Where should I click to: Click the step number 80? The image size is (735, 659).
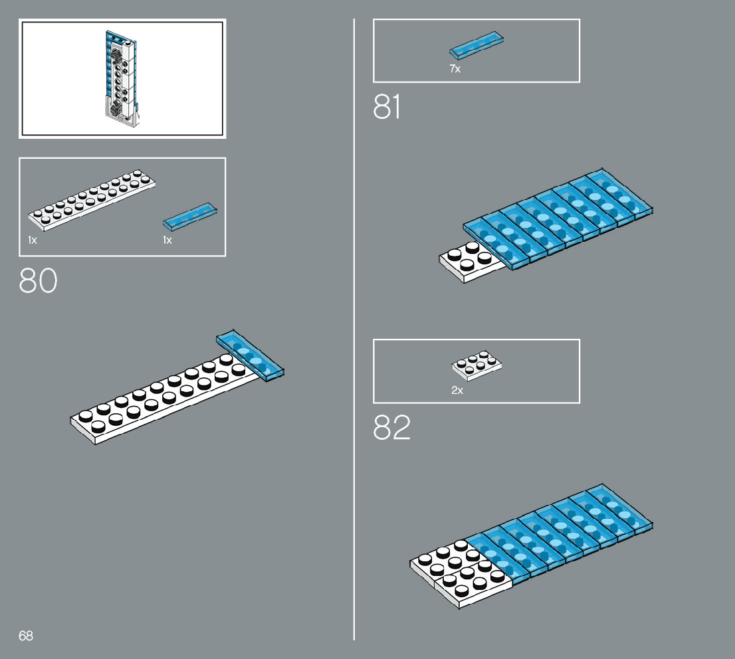(39, 280)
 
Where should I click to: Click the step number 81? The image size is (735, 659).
(387, 107)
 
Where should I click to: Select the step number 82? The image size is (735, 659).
(392, 428)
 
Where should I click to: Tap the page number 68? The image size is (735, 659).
(26, 636)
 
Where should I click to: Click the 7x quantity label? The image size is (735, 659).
(455, 69)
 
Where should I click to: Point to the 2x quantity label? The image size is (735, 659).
(457, 391)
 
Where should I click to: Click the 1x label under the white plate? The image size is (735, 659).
(33, 240)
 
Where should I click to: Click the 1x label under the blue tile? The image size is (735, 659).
(167, 240)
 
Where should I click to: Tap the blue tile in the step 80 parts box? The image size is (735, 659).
(190, 217)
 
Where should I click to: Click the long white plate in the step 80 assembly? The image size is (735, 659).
(159, 399)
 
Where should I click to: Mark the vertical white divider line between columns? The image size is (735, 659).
(354, 332)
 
